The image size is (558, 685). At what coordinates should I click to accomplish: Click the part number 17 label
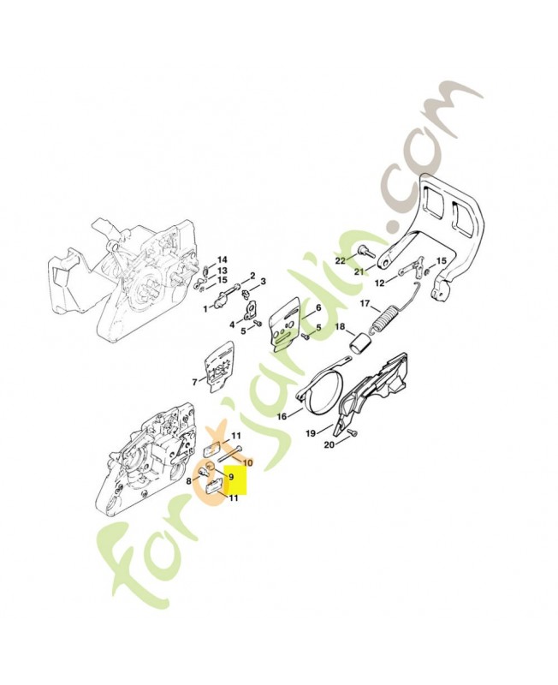click(365, 304)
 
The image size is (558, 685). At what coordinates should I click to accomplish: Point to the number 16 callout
click(282, 416)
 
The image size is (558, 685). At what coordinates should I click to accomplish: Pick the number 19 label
click(311, 434)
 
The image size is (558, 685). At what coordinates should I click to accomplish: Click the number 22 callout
click(340, 261)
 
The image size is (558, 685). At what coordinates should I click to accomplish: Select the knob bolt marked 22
click(364, 251)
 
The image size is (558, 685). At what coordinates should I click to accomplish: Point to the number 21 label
click(359, 271)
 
